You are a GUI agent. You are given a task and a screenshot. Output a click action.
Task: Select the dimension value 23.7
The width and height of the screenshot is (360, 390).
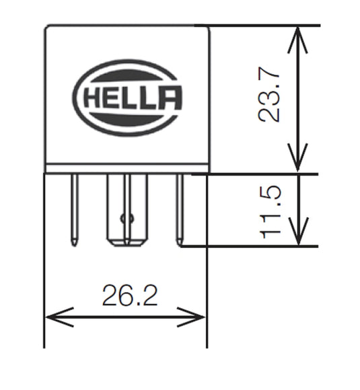tap(270, 98)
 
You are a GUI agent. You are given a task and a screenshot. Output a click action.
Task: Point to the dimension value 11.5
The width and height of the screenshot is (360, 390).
tap(270, 211)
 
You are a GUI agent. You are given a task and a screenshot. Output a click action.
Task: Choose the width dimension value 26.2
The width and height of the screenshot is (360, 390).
tap(129, 295)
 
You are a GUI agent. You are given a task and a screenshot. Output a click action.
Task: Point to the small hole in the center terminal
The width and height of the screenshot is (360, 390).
tap(122, 218)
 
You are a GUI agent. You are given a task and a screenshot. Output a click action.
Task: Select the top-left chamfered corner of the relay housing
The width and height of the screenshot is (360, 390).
tap(48, 28)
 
